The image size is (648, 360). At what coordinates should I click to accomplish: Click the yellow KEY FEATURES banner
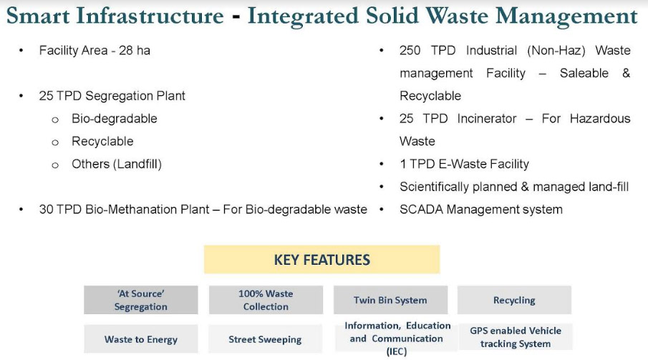click(x=322, y=260)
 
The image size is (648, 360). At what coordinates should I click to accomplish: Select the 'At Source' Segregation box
click(x=141, y=300)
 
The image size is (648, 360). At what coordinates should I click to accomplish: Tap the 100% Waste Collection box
click(x=266, y=300)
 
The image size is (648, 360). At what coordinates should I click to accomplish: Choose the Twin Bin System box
click(x=390, y=300)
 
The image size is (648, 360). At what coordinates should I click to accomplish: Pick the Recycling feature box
click(x=514, y=300)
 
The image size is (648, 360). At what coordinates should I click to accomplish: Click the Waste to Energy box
click(x=141, y=339)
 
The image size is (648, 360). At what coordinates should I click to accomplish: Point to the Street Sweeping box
click(x=265, y=339)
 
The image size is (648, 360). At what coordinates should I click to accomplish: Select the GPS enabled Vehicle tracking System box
click(x=516, y=337)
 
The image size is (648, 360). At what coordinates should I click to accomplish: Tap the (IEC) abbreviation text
click(x=397, y=351)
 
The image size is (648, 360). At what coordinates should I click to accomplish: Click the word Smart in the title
click(x=38, y=16)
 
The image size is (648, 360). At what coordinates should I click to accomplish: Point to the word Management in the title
click(x=566, y=17)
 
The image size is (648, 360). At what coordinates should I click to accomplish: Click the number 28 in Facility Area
click(x=125, y=50)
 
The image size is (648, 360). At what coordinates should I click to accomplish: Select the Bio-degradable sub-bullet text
click(x=115, y=119)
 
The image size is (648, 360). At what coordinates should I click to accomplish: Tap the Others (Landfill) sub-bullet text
click(x=117, y=164)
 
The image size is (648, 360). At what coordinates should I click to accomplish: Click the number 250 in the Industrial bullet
click(x=410, y=50)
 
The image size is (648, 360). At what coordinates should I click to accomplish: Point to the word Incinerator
click(x=487, y=119)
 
